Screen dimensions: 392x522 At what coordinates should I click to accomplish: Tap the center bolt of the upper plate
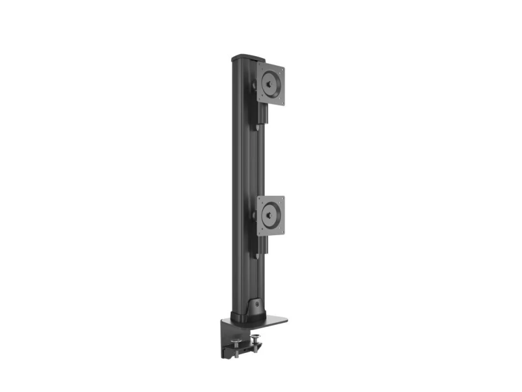click(x=270, y=83)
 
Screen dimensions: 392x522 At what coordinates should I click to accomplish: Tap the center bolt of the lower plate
click(x=270, y=216)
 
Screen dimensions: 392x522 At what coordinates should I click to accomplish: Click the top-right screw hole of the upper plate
click(x=281, y=68)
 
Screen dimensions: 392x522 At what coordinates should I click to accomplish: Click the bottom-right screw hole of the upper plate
click(x=281, y=99)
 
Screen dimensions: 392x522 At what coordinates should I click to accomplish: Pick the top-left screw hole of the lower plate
click(x=260, y=201)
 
